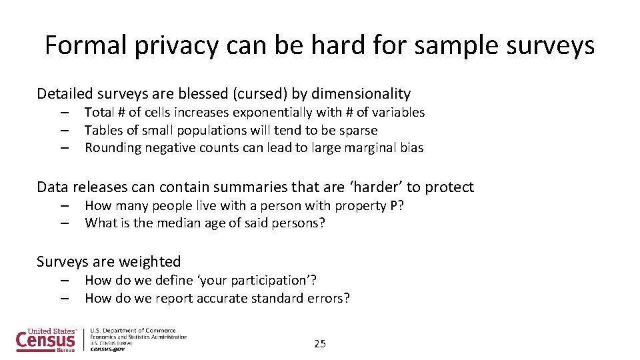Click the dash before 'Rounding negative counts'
tap(65, 148)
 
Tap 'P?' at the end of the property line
tap(397, 205)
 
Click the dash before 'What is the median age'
tap(65, 223)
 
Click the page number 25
tap(320, 344)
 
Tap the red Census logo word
tap(45, 341)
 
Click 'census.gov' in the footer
tap(107, 349)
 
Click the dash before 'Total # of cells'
tap(65, 113)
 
